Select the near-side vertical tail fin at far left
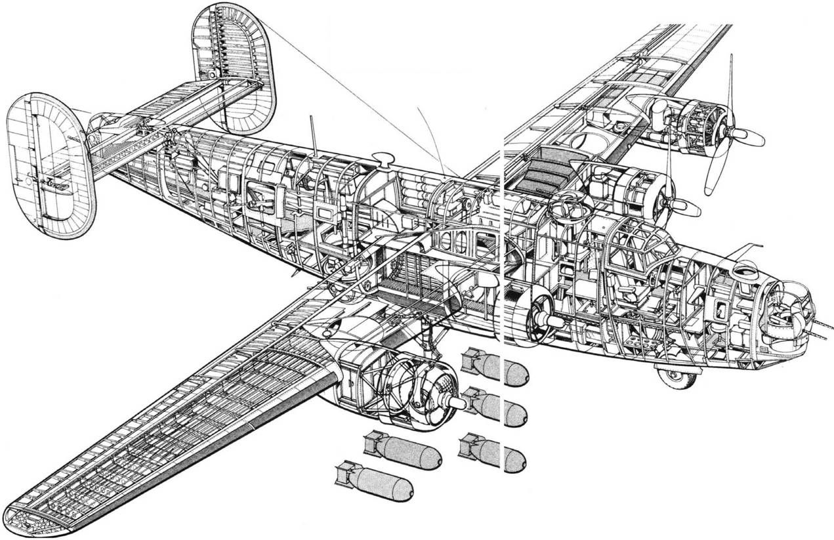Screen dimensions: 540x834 pos(49,164)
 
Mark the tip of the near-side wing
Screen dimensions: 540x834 pos(26,518)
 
